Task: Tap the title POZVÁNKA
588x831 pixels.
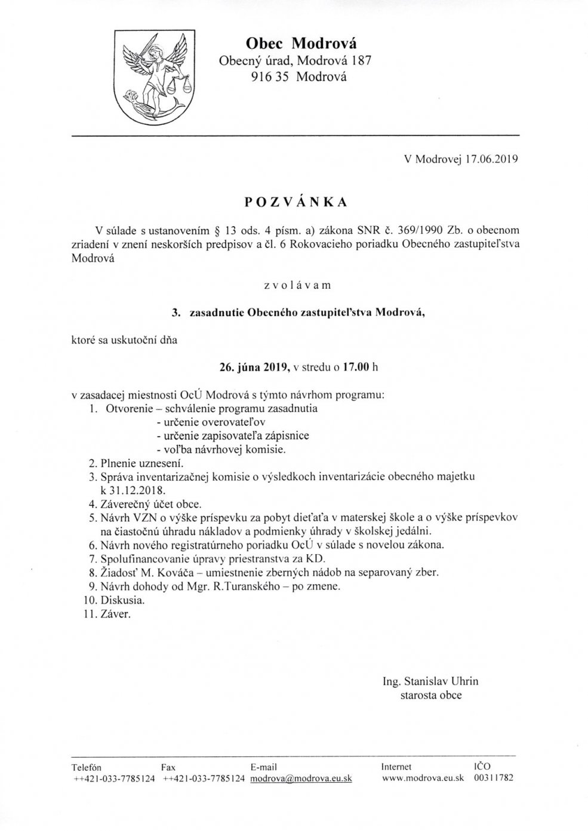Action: click(295, 202)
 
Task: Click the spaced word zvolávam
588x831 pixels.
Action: click(297, 285)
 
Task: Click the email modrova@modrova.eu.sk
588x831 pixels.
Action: click(301, 779)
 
